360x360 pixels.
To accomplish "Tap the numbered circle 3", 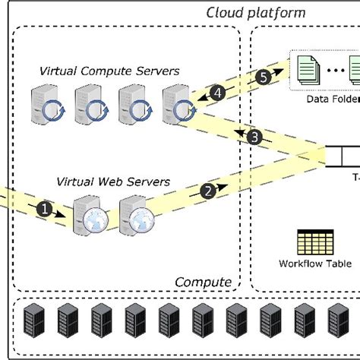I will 254,137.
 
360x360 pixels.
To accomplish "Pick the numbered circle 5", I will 263,77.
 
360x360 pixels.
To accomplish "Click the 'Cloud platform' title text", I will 256,13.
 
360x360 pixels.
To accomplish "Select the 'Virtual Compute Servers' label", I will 109,71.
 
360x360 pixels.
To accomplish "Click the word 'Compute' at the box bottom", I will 203,282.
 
